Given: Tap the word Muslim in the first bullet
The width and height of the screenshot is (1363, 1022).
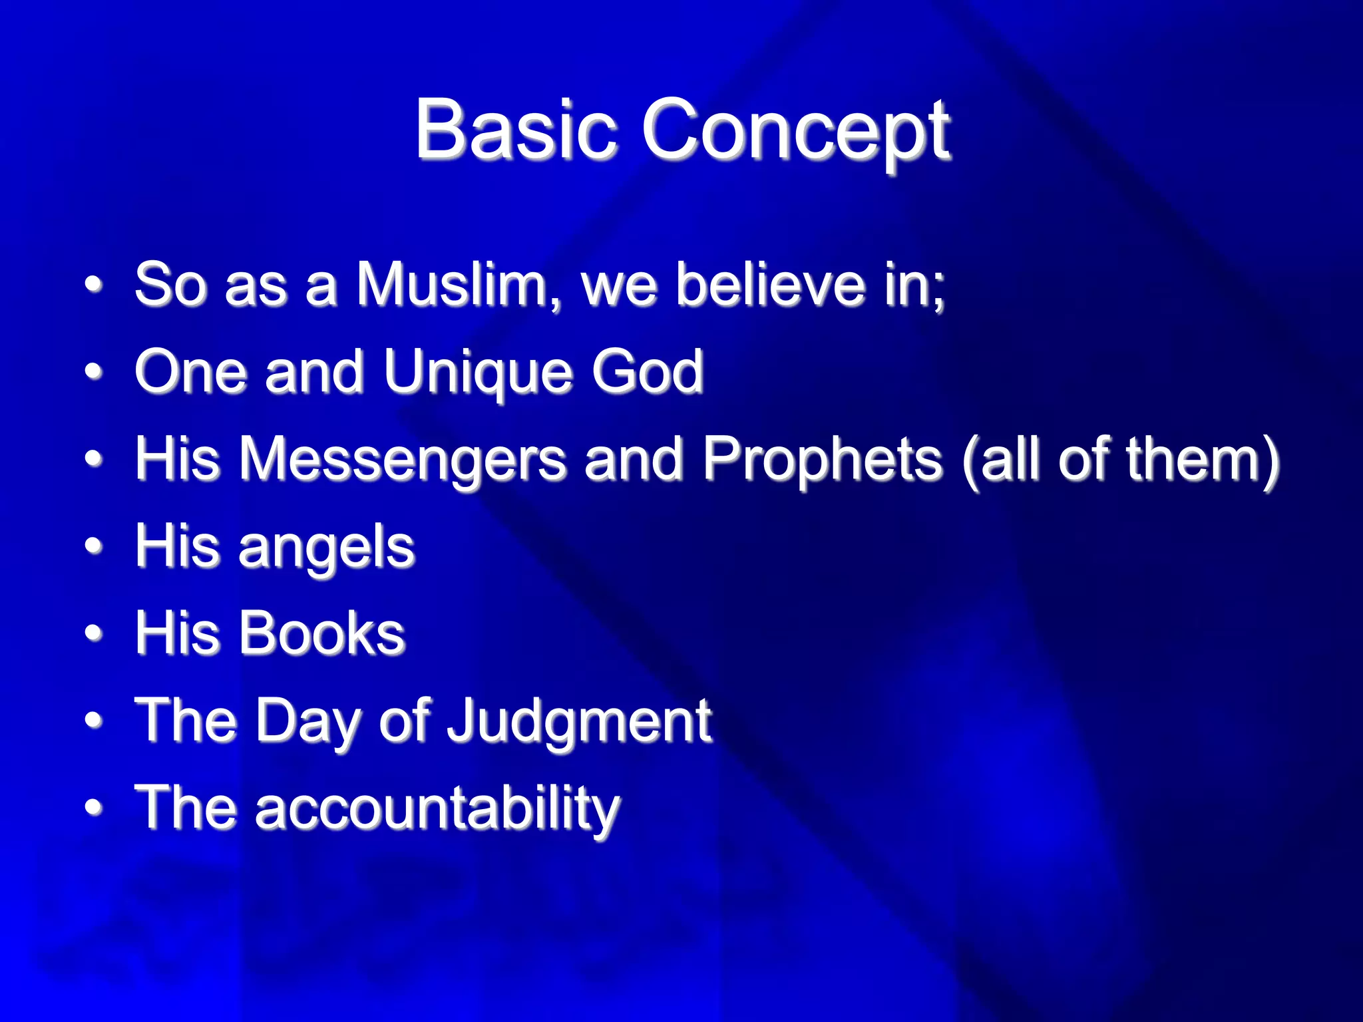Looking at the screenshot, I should (x=457, y=285).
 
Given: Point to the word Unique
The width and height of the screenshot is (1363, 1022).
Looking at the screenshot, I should (x=477, y=372).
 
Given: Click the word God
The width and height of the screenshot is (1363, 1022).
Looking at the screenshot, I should (x=648, y=371).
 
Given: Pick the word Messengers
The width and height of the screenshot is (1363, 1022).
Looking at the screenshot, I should (x=402, y=458).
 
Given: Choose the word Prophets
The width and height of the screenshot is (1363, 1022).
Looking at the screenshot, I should (x=823, y=458).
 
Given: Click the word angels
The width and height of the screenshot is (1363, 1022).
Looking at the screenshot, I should (x=327, y=547).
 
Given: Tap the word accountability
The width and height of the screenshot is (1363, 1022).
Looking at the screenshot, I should (x=437, y=808).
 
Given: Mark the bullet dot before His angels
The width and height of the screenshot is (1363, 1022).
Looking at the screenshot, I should (x=94, y=547).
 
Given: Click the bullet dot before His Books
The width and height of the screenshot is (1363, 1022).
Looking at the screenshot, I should (x=94, y=633).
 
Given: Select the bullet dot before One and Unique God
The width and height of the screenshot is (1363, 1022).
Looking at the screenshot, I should (x=94, y=372).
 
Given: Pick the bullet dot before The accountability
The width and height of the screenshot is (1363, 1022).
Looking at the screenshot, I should (x=94, y=808).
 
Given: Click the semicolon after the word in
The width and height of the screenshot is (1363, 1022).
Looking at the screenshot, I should (x=938, y=293).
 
